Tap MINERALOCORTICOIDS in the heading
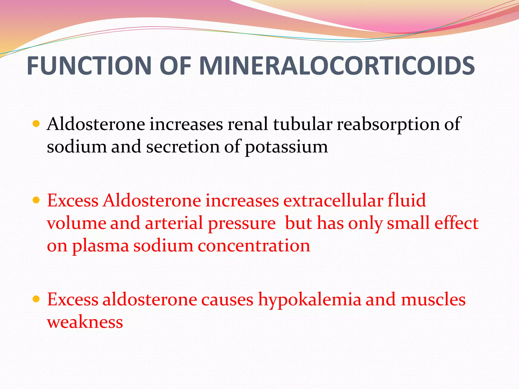pos(337,66)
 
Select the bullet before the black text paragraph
pos(36,124)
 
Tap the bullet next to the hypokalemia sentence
pos(36,299)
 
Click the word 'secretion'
pos(183,147)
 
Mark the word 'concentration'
pos(254,246)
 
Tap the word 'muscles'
pos(433,299)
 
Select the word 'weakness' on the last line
pos(85,322)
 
